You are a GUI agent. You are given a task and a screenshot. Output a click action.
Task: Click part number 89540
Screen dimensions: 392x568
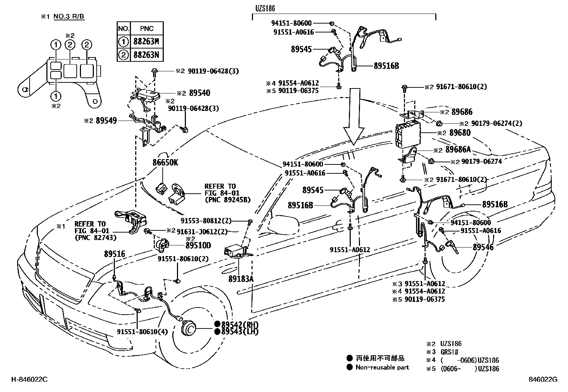(199, 93)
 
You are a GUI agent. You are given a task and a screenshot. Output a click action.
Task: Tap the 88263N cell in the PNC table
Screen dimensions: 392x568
(146, 55)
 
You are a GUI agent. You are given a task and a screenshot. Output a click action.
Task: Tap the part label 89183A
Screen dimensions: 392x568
(241, 279)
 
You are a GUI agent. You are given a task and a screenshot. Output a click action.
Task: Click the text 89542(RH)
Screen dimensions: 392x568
(239, 324)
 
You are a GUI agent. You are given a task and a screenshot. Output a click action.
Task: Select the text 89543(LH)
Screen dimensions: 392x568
(239, 331)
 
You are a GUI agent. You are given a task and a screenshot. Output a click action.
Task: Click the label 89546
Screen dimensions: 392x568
(483, 247)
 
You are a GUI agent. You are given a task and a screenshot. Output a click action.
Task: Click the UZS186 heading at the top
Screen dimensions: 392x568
(265, 8)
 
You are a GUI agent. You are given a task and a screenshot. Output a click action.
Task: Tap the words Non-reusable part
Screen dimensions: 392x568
(382, 367)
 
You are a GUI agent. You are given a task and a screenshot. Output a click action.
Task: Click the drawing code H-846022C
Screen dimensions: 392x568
(29, 380)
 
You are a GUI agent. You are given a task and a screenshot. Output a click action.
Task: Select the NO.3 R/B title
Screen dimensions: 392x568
(69, 17)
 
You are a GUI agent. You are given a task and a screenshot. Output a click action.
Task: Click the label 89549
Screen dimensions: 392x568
(106, 121)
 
